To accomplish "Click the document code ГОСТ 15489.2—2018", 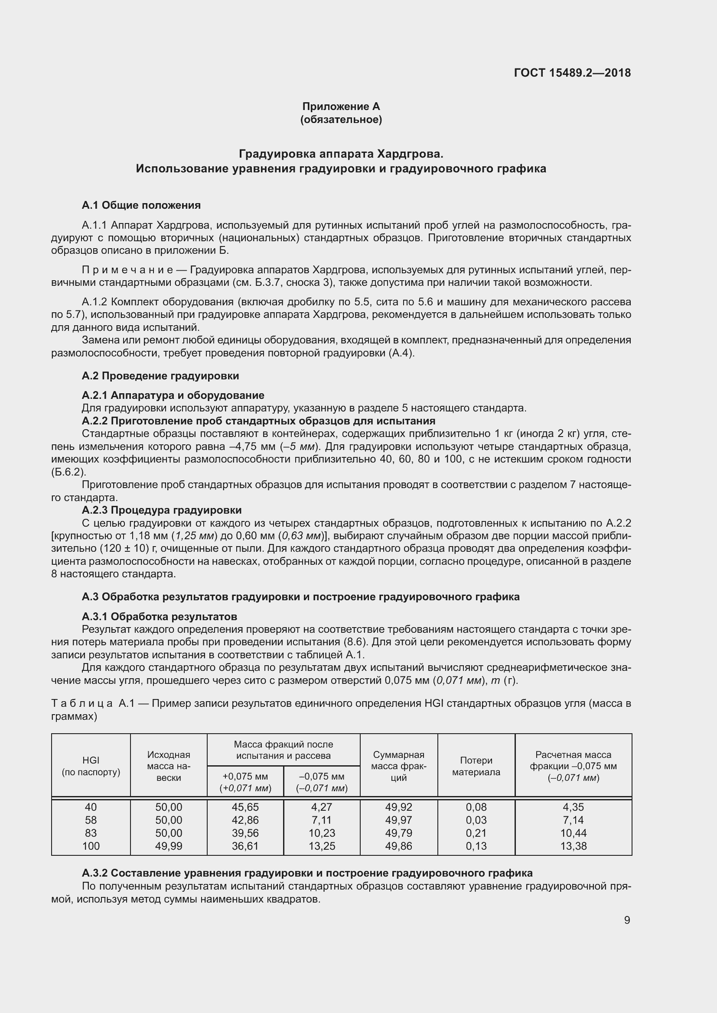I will (572, 73).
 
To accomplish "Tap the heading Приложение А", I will (341, 107).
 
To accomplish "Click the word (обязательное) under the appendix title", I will (341, 120).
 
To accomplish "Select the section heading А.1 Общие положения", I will (141, 205).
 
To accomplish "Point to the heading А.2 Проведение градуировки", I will (160, 376).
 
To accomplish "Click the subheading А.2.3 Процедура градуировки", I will (162, 510).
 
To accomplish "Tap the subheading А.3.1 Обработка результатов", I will (160, 616).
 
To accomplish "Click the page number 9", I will (627, 920).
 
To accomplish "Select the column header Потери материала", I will (476, 767).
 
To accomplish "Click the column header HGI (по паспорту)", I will (91, 767).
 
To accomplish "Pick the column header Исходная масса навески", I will (169, 767).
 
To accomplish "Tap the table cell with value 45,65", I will (245, 807).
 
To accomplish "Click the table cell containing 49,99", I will (169, 846).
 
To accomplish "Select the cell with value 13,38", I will (573, 846).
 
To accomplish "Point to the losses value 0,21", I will (476, 833).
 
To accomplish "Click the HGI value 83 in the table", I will (91, 833).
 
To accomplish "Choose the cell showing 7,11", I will (322, 820).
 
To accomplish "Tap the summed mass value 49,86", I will (399, 846).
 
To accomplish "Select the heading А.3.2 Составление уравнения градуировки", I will (307, 873).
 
